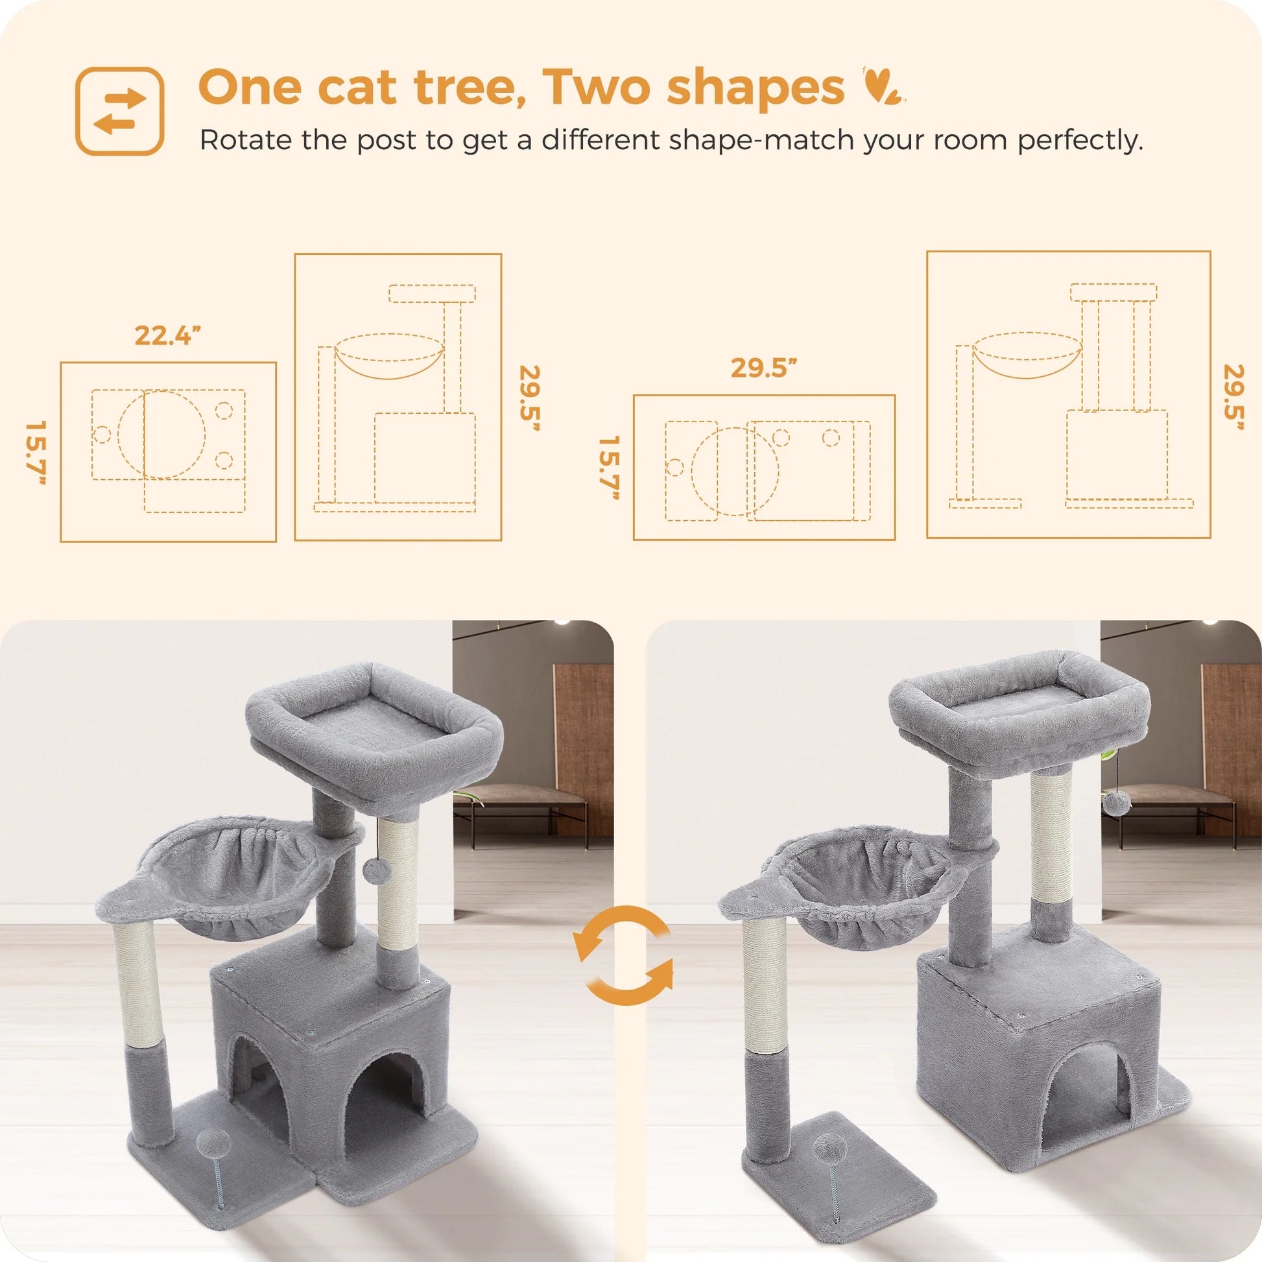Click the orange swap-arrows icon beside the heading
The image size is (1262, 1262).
pos(119,111)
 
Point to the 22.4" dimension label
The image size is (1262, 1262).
pos(167,336)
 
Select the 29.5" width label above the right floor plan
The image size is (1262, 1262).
pos(763,368)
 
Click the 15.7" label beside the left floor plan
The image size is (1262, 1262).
pos(36,453)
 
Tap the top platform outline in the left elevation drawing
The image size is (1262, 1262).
pos(432,293)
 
